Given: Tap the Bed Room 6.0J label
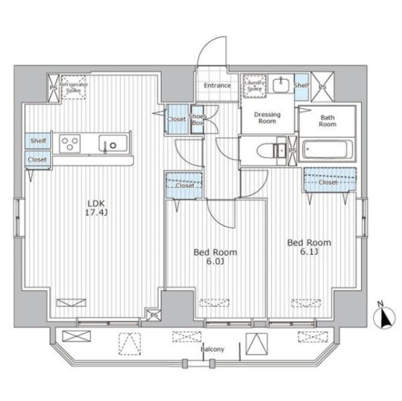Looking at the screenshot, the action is [x=215, y=256].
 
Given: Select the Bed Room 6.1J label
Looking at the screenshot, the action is [x=309, y=247].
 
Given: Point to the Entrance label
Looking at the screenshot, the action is [x=217, y=85].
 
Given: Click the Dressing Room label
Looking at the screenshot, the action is [x=267, y=118].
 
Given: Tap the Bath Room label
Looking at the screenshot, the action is [x=327, y=121].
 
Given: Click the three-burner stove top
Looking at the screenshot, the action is [x=70, y=144].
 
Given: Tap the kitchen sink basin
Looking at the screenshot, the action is [x=113, y=143].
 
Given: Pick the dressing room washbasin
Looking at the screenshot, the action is [x=281, y=85].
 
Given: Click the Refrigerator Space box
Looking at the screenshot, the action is [x=74, y=87].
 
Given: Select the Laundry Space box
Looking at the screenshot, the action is [x=254, y=86].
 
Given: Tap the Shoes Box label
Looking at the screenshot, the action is [x=197, y=120].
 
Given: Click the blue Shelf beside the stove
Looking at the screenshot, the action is [x=38, y=140].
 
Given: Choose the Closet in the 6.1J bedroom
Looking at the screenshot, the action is [x=330, y=179].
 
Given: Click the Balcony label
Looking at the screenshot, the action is [x=212, y=349].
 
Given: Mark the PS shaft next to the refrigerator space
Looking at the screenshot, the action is [x=53, y=88].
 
